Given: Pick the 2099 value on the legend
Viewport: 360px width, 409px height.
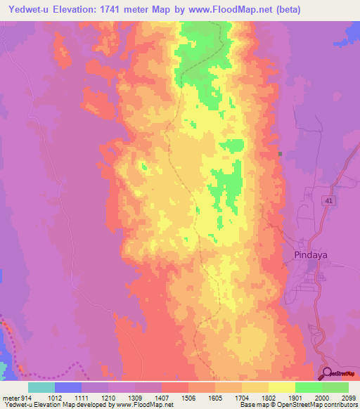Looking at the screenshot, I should (x=347, y=396).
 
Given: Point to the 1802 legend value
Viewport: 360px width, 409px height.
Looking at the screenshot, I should (x=267, y=396).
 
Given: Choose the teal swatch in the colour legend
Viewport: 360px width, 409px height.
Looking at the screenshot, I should (x=41, y=387).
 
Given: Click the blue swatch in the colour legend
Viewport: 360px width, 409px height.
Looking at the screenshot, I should (x=67, y=387).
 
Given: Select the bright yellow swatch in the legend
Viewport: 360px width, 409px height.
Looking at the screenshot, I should (x=281, y=387).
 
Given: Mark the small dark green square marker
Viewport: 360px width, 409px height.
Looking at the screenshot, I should (x=280, y=154).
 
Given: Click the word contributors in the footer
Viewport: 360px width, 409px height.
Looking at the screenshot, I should (x=341, y=405).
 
